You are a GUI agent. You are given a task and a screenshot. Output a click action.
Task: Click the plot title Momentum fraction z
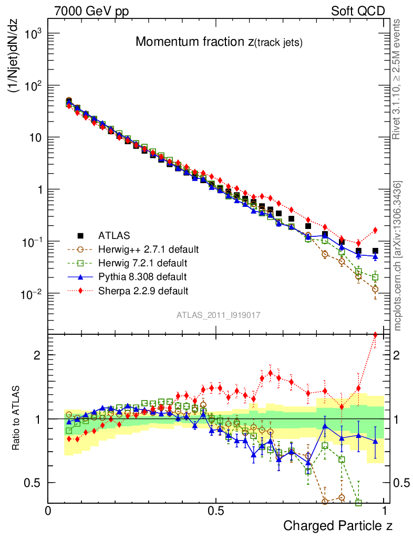click(219, 43)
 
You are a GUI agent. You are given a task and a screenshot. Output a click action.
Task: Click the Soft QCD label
click(358, 11)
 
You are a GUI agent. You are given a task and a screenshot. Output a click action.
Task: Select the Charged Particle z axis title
click(338, 525)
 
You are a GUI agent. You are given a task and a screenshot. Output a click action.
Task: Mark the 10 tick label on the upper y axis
click(33, 137)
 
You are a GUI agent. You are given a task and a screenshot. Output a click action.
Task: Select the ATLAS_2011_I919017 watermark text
click(218, 315)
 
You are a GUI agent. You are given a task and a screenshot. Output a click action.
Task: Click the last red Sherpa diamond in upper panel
click(375, 230)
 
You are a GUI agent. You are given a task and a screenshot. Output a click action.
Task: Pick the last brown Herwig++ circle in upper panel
click(375, 289)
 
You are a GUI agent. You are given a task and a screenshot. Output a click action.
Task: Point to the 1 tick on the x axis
click(384, 511)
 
